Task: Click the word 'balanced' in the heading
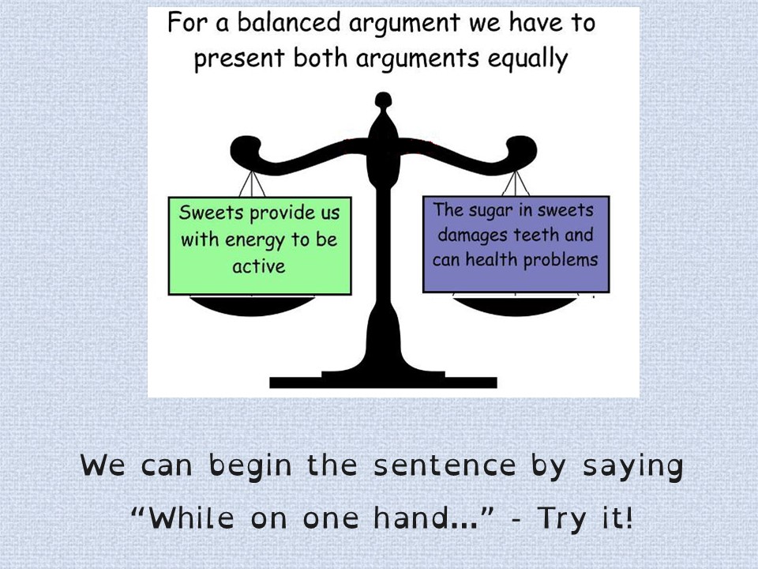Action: [x=289, y=22]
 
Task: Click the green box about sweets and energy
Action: [x=260, y=246]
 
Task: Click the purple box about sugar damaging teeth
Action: [x=516, y=244]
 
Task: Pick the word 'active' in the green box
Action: [x=259, y=266]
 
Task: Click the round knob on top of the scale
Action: [x=384, y=100]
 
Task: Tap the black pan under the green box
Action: [x=252, y=305]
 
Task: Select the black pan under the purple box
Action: [x=515, y=305]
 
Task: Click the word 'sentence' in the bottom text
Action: [x=445, y=465]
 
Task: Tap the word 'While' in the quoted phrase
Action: [x=191, y=518]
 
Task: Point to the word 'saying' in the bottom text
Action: [x=632, y=467]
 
